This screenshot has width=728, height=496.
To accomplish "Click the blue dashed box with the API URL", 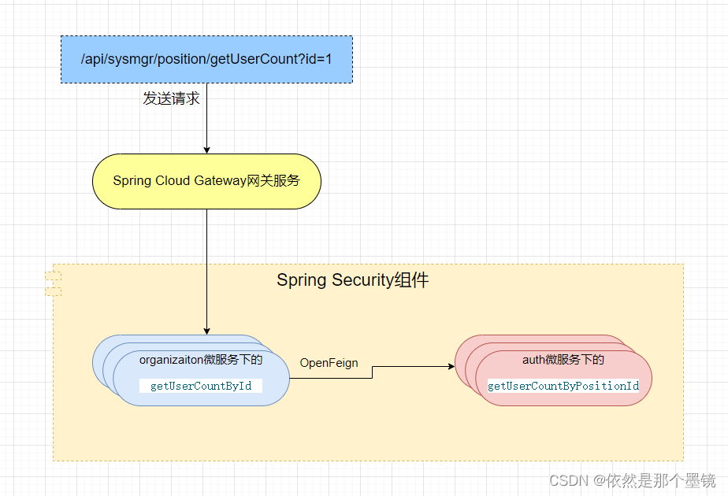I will click(x=206, y=59).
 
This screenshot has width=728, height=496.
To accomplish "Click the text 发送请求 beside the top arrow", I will click(x=171, y=99).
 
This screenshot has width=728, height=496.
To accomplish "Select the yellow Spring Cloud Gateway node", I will click(x=206, y=181).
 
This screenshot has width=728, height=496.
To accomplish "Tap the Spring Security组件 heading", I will click(x=352, y=280).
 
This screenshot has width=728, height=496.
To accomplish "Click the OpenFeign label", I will click(x=329, y=363).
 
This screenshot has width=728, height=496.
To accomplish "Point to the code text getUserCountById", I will click(x=201, y=386).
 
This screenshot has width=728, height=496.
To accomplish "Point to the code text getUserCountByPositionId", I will click(x=563, y=386).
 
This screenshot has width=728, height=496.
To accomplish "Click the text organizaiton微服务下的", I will click(x=201, y=360).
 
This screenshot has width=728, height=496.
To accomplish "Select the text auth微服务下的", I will click(x=563, y=360).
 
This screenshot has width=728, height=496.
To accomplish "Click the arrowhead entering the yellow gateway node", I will click(x=206, y=150).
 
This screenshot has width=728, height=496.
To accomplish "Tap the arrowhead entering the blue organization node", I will click(x=206, y=331).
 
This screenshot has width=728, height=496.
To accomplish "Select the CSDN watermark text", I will click(x=632, y=480).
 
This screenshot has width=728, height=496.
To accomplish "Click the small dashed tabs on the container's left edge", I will click(x=53, y=283).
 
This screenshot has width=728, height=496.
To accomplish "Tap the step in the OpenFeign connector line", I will click(x=372, y=372).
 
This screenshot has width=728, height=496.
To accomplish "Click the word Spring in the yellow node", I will click(x=132, y=181).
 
